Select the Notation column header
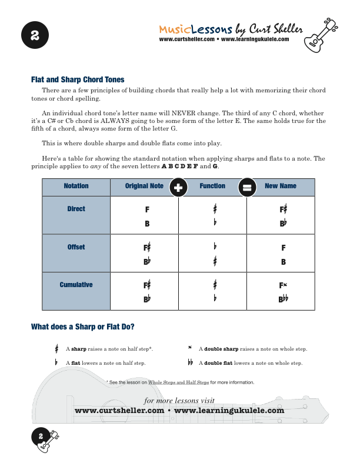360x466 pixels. (x=76, y=186)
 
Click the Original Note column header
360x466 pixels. (x=144, y=186)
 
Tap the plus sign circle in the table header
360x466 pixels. (x=178, y=188)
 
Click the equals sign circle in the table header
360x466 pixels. (x=246, y=188)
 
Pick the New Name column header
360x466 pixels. (x=281, y=186)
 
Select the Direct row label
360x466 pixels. (x=76, y=209)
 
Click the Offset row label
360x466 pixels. (x=76, y=247)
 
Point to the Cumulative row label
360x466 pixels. (x=76, y=285)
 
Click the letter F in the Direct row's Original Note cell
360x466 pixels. (x=147, y=209)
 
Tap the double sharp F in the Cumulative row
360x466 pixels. (x=283, y=285)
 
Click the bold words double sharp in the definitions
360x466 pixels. (x=219, y=349)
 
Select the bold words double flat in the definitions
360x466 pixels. (x=217, y=363)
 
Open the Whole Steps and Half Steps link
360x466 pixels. (x=178, y=382)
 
